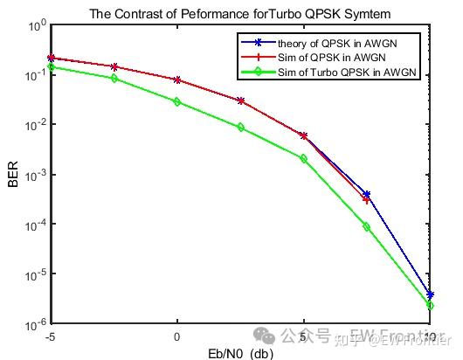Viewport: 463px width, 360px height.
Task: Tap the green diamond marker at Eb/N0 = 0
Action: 177,101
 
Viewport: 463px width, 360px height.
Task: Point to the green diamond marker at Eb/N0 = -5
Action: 52,66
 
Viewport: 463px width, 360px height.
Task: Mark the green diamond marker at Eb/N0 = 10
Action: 430,306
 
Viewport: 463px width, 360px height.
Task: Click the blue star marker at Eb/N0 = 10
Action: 430,295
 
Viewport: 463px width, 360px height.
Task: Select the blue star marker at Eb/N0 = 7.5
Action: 367,194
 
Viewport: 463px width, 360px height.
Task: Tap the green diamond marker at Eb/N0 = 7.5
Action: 367,226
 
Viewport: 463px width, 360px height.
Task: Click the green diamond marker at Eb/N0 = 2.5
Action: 241,128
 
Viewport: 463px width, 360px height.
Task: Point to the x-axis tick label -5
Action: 51,336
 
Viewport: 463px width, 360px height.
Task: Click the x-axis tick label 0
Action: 177,336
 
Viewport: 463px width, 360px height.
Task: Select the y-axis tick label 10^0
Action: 36,26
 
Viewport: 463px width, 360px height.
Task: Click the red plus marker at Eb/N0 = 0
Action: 177,80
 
